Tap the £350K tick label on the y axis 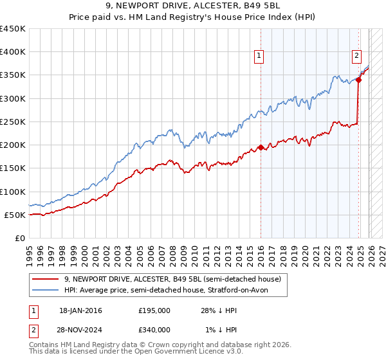point(13,75)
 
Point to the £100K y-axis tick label point(13,192)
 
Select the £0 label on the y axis point(19,238)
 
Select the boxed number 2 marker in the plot point(356,56)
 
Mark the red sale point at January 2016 point(261,147)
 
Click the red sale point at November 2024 point(358,80)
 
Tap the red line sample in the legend point(46,280)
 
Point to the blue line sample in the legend point(46,291)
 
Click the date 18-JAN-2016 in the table point(80,310)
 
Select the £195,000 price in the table point(154,310)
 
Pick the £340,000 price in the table point(154,330)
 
